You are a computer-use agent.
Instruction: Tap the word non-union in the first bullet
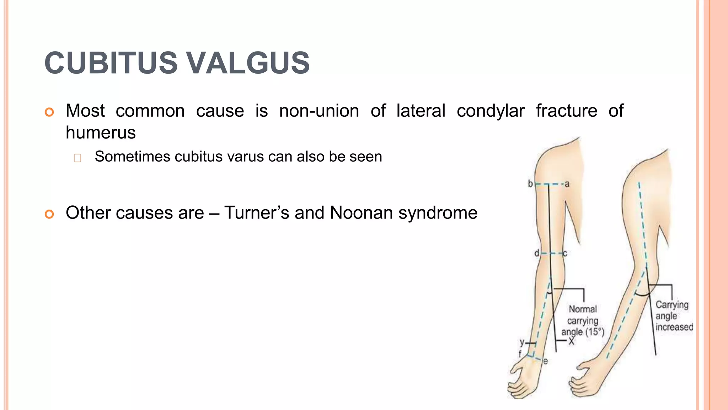(x=319, y=111)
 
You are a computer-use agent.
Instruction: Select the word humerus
(x=101, y=133)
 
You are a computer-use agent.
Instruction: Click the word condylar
(x=490, y=111)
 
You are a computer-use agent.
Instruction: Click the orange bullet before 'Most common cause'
(x=49, y=112)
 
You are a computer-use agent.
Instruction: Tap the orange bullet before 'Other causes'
(x=49, y=214)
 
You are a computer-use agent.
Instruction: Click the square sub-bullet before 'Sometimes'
(x=77, y=158)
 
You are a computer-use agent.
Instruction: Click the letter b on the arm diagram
(x=530, y=184)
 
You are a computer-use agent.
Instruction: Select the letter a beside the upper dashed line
(x=567, y=184)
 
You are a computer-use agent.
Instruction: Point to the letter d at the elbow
(x=536, y=253)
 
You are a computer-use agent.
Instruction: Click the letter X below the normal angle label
(x=571, y=341)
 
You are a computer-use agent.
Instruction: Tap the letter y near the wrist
(x=522, y=343)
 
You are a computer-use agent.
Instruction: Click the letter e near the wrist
(x=545, y=361)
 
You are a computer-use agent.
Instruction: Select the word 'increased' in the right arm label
(x=674, y=327)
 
